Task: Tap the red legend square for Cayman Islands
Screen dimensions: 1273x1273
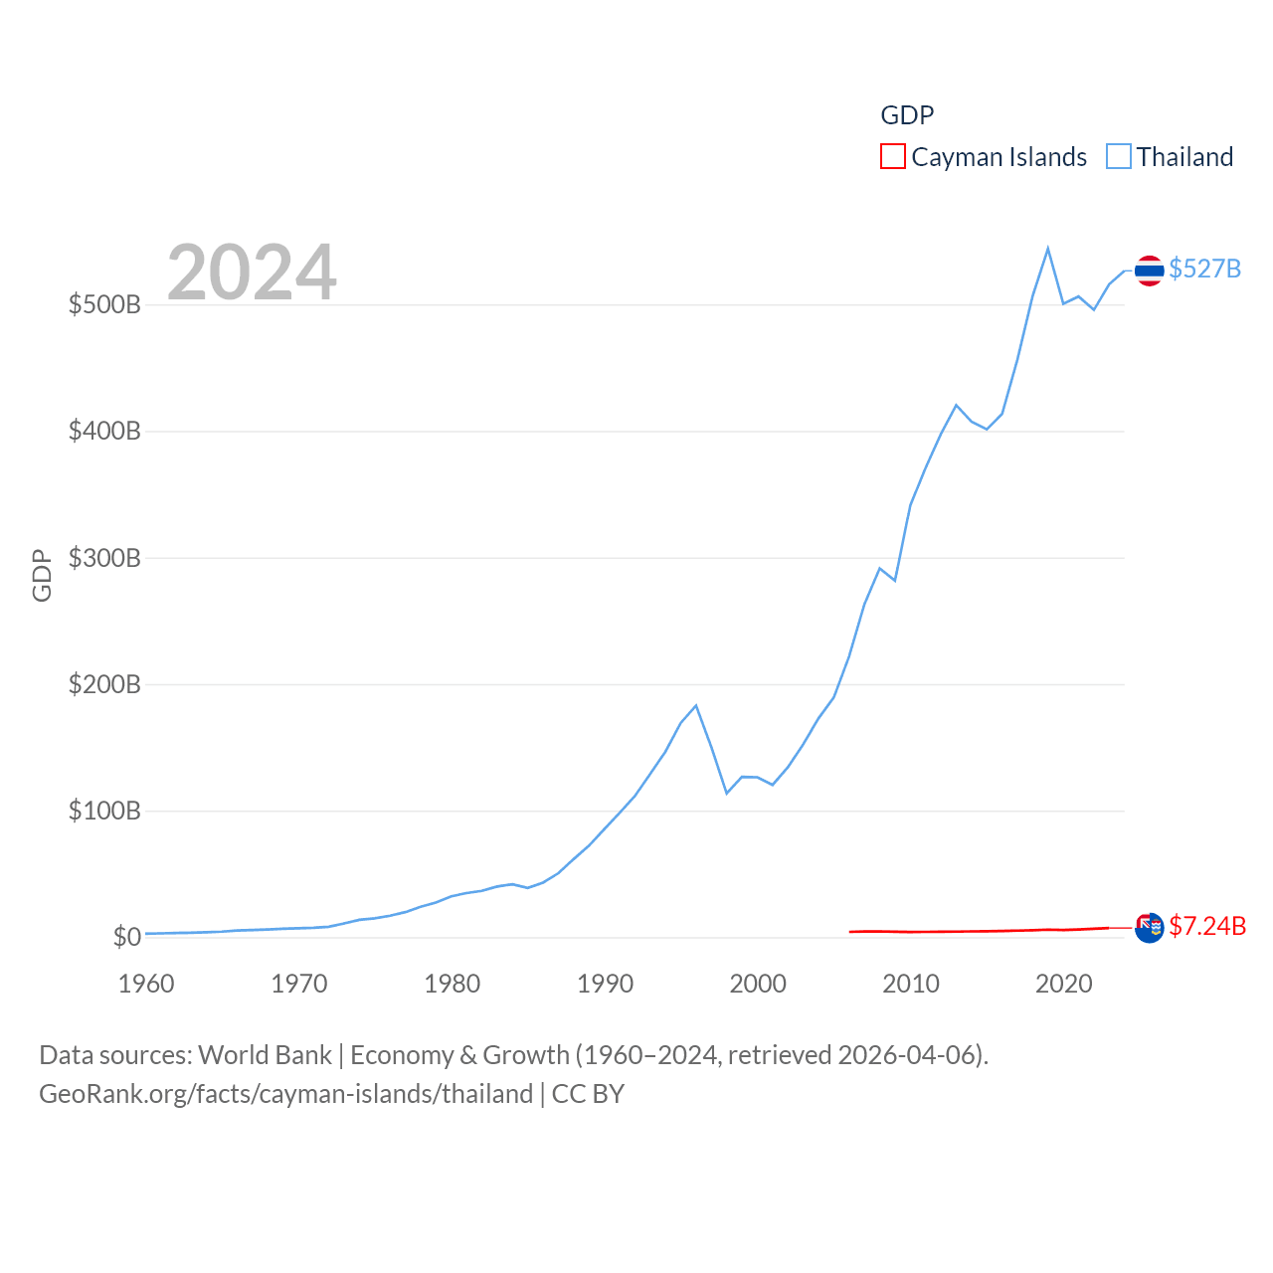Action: click(893, 157)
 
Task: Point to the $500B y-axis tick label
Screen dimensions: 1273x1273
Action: click(104, 304)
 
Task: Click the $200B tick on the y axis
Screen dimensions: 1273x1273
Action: click(104, 684)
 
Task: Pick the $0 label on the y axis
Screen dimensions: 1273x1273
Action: click(126, 937)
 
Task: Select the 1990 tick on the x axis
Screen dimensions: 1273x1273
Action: click(605, 984)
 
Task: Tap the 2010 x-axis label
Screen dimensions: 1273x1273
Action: click(911, 984)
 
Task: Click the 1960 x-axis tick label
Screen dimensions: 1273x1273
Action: click(146, 984)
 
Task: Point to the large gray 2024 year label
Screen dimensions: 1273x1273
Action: click(252, 273)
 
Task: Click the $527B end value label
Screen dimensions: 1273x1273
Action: click(1204, 269)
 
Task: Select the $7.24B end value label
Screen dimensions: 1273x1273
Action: click(1207, 926)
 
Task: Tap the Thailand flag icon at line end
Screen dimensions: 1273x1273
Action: click(1149, 271)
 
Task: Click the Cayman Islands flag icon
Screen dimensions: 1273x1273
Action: click(1149, 927)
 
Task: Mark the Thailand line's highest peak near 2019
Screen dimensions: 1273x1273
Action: click(1048, 249)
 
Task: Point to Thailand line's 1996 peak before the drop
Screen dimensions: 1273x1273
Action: click(696, 705)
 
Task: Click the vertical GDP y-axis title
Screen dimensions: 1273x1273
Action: click(42, 575)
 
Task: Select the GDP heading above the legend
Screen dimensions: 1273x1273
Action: click(907, 115)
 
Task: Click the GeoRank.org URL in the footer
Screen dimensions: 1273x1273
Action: click(286, 1094)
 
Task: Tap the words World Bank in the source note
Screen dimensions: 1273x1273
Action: click(265, 1054)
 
